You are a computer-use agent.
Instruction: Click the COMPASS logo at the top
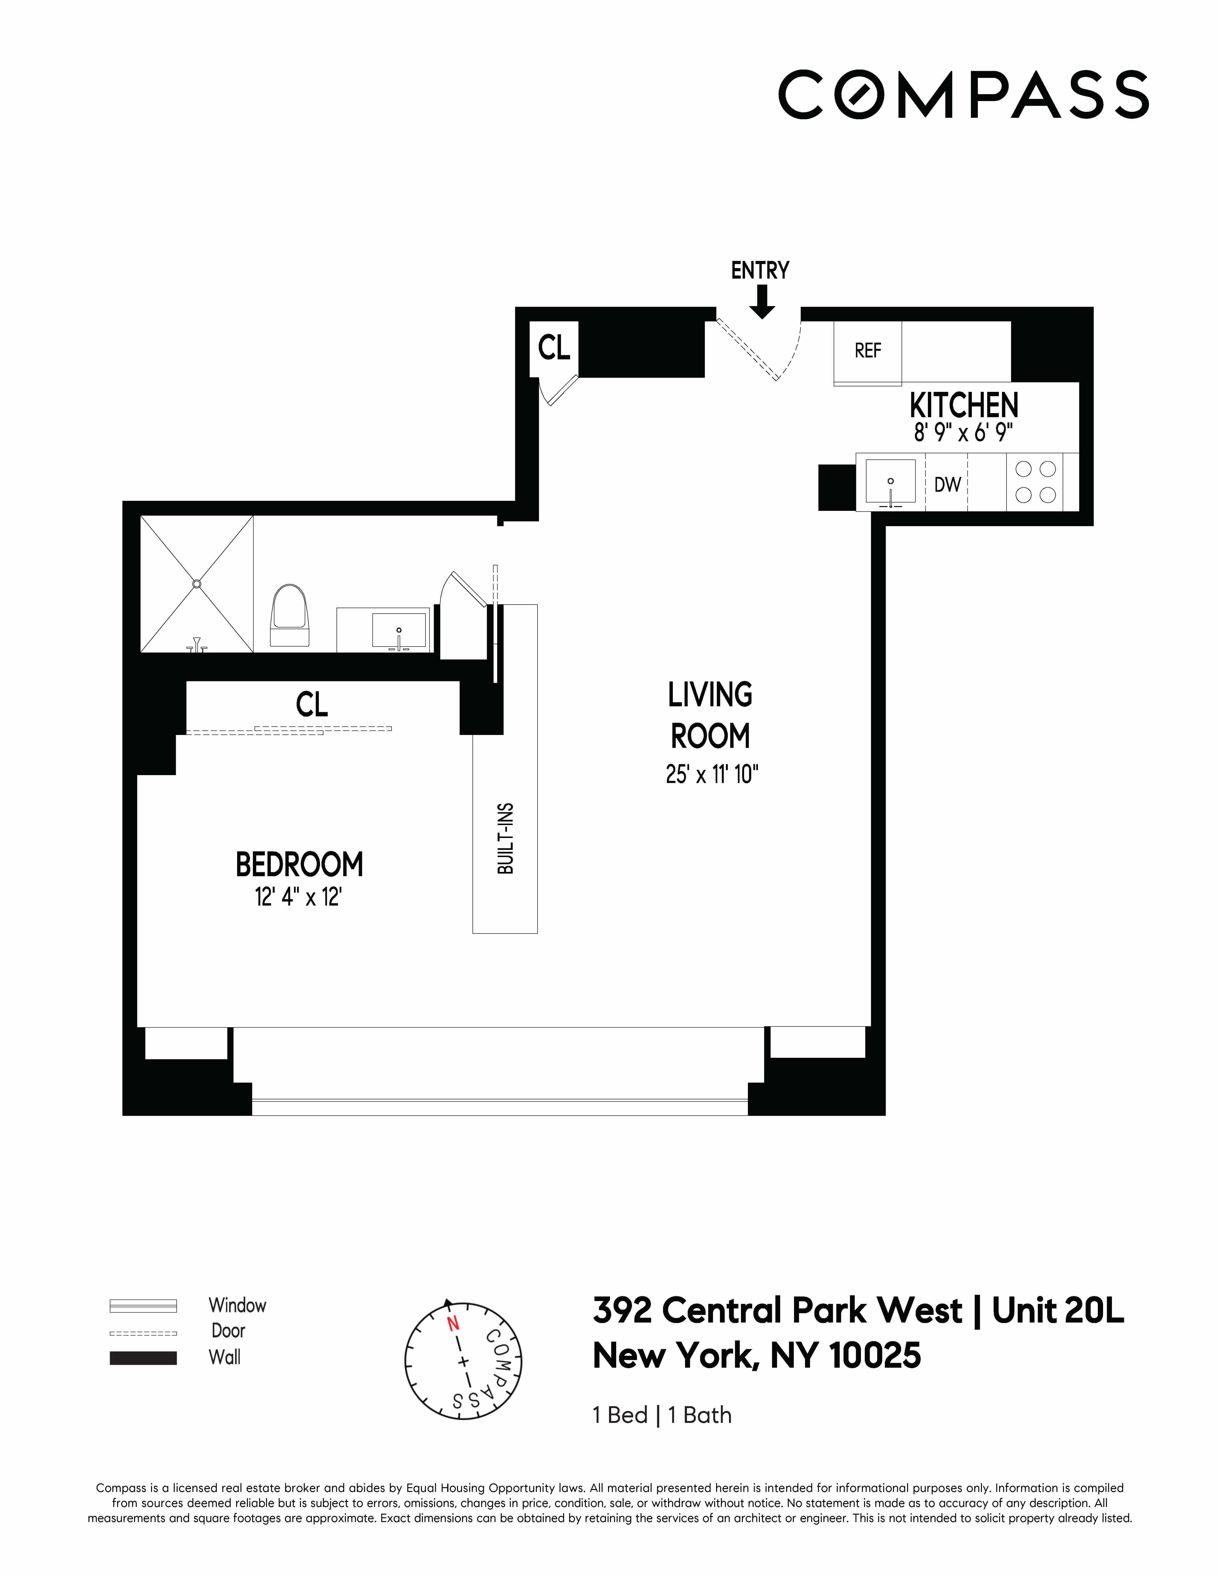[963, 95]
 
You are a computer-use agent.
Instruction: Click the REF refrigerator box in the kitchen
[867, 351]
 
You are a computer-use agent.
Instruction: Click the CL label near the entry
[554, 348]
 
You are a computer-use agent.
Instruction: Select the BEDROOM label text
[299, 864]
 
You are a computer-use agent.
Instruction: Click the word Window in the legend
[237, 1305]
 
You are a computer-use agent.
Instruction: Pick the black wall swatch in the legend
[143, 1358]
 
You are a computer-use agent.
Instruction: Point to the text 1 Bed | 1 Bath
[661, 1415]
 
